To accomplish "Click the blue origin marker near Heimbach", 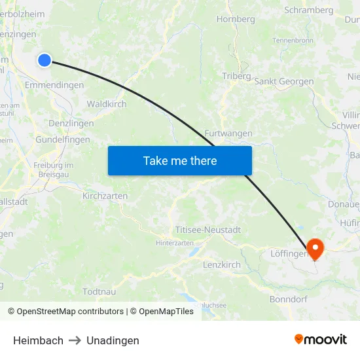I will click(45, 60).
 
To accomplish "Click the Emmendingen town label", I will click(54, 85).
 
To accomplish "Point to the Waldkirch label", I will click(107, 104).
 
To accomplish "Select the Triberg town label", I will click(236, 76).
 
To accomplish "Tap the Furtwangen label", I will click(228, 134).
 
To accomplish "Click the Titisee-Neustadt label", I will click(208, 230).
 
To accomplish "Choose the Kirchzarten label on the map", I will click(105, 196).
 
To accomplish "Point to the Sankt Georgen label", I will click(284, 82).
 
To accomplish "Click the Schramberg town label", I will click(310, 10).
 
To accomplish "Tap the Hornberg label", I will click(236, 19).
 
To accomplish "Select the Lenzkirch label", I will click(222, 264).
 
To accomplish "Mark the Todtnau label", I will click(101, 291).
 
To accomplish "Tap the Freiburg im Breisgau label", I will click(53, 170).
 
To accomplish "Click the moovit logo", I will click(321, 340).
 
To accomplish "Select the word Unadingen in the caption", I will click(113, 340).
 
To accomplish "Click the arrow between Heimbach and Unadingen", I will click(75, 340).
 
